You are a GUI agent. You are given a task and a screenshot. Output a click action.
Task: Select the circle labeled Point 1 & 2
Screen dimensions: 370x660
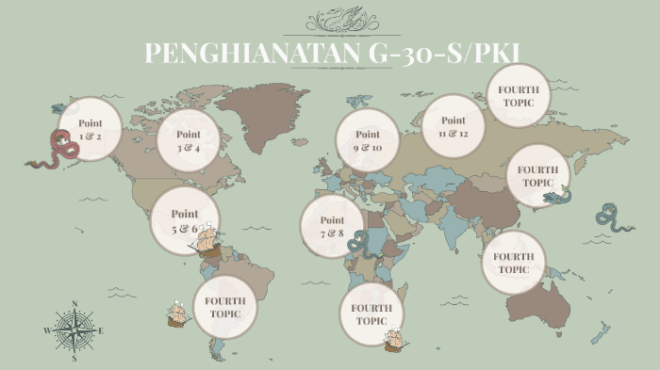91,130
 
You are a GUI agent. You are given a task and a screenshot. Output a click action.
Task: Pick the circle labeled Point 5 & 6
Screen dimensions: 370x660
185,220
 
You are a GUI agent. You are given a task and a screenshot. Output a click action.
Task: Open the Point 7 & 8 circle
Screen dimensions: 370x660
332,226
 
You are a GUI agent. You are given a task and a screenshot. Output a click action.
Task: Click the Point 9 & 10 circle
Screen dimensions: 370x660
368,140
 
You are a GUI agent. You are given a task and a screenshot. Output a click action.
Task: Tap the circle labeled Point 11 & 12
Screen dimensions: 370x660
454,127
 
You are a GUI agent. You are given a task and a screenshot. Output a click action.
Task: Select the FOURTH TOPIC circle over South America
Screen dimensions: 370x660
225,307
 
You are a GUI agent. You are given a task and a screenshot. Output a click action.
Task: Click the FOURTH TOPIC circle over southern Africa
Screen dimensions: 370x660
371,314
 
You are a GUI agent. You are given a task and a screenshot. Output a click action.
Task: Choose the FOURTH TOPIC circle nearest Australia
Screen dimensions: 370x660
514,263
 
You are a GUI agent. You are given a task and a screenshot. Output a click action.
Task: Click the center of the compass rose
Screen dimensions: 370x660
74,330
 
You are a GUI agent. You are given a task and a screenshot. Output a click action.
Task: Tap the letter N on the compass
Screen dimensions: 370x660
74,304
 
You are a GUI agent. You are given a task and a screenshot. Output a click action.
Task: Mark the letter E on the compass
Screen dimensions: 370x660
101,330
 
